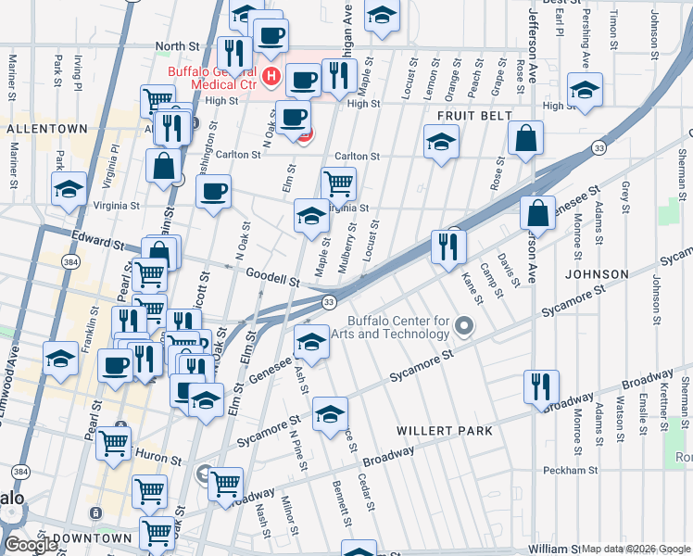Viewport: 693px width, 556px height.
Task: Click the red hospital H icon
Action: point(271,75)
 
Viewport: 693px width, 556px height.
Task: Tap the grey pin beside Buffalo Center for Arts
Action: point(465,325)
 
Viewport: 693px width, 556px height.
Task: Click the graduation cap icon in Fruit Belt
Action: point(441,142)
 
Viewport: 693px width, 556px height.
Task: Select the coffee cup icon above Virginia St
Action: point(213,192)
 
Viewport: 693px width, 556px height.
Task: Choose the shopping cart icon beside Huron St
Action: point(114,442)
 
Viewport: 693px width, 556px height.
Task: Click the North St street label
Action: point(177,44)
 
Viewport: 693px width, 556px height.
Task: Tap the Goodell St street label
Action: point(272,276)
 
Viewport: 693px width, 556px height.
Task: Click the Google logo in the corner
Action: point(31,545)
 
